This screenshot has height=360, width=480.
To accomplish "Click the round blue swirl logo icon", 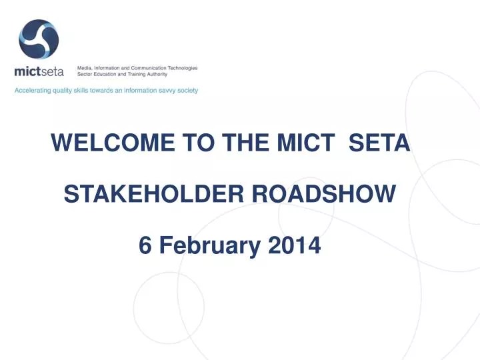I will click(x=39, y=39).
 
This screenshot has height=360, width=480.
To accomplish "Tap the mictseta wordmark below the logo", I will click(x=39, y=71).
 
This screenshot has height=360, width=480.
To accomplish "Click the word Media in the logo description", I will click(x=85, y=68).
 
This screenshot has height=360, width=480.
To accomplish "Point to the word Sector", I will click(x=87, y=75).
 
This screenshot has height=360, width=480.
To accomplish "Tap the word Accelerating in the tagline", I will click(x=33, y=90).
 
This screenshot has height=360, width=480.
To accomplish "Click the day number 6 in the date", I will click(x=144, y=246).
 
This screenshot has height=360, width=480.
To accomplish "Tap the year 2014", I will click(x=294, y=246).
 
